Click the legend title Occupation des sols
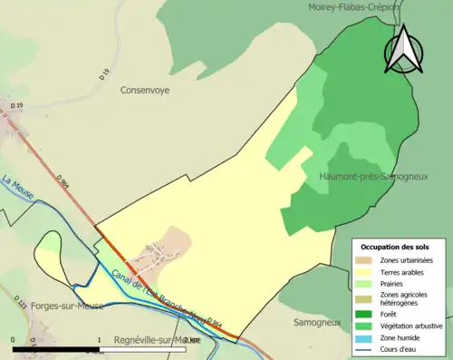(x=395, y=247)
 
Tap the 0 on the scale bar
(x=14, y=340)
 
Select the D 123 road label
(x=20, y=299)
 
